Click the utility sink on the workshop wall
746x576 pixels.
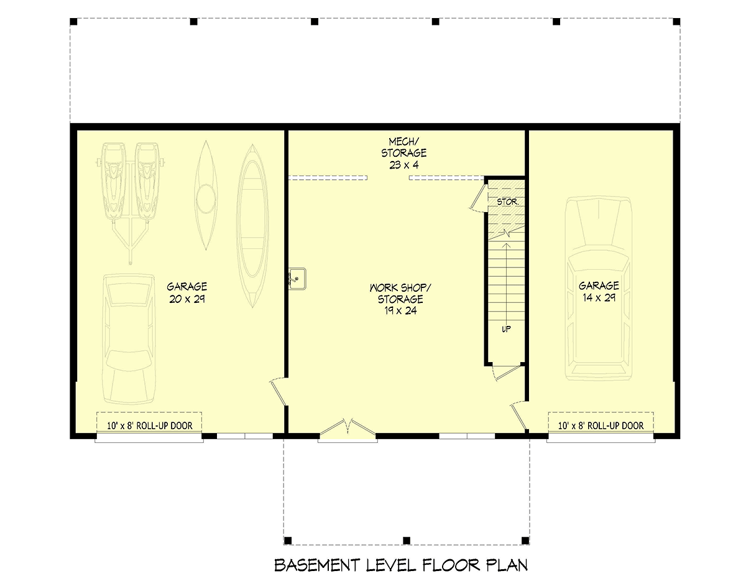[x=297, y=279]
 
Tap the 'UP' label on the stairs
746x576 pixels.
[x=506, y=329]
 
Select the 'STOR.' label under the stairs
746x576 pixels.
[x=503, y=202]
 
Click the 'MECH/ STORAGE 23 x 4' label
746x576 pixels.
[x=403, y=153]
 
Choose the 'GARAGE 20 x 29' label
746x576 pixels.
[x=186, y=292]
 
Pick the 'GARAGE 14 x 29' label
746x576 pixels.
[x=599, y=292]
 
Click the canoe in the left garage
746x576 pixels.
[x=251, y=225]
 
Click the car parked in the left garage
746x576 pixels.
[x=129, y=339]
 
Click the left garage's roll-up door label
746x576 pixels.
[x=149, y=426]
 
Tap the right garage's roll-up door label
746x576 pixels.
[x=601, y=426]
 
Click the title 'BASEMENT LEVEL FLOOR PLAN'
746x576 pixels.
[x=401, y=565]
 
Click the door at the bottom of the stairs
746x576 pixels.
[x=505, y=371]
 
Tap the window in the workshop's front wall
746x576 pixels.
[x=467, y=435]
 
